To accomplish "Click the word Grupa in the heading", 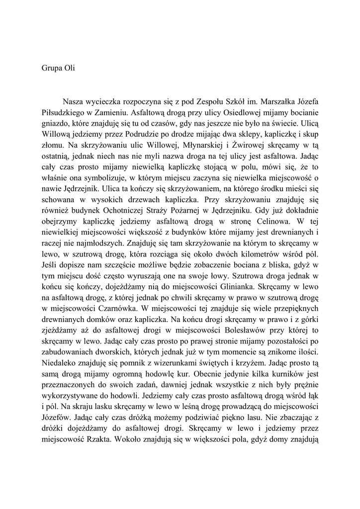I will coord(51,68).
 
